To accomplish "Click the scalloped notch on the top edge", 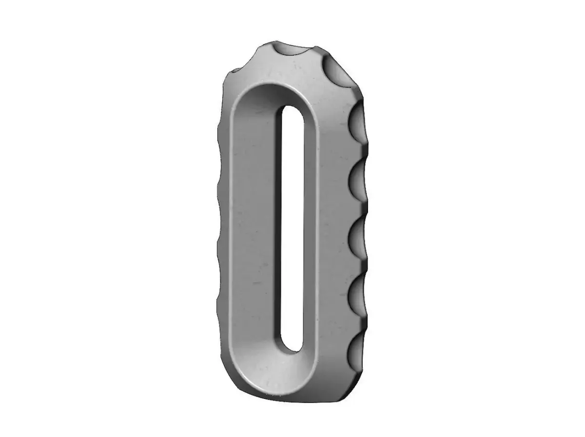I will pyautogui.click(x=292, y=51).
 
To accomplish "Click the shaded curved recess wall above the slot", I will pyautogui.click(x=273, y=95).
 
